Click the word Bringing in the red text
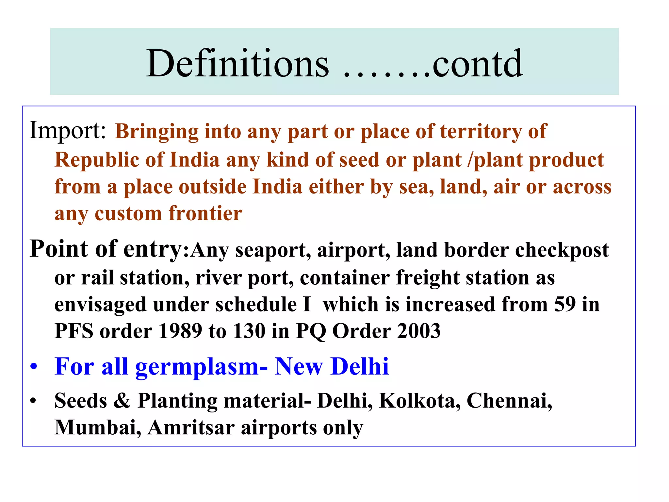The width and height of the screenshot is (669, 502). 157,132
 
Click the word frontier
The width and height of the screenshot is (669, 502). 205,213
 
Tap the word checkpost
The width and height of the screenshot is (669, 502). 562,250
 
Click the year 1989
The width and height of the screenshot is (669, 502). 180,331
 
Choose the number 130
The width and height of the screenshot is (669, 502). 249,331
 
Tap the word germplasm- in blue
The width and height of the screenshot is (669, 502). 202,367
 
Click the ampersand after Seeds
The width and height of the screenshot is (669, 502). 122,401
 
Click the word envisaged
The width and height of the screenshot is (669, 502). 100,305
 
